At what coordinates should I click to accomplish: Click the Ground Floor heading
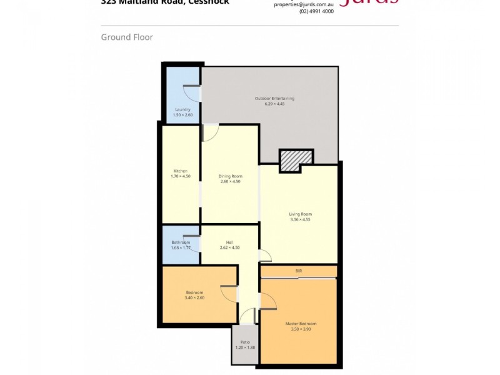coord(127,37)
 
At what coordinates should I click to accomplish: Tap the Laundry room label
coord(182,109)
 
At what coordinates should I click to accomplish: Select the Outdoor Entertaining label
coord(274,99)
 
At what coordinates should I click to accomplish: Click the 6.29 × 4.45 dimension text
coord(274,104)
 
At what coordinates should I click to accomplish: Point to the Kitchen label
coord(181,171)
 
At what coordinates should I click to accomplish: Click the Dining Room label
coord(230,176)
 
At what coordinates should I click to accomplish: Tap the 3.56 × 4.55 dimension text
coord(300,219)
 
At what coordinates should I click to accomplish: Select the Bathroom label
coord(180,242)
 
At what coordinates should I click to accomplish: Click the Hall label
coord(230,242)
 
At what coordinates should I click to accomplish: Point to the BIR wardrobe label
coord(299,270)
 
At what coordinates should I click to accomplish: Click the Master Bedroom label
coord(300,323)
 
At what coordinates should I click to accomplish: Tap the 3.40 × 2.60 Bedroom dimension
coord(194,297)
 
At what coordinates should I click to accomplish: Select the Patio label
coord(244,342)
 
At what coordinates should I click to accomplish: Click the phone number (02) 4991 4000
coord(316,11)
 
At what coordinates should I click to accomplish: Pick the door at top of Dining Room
coord(211,132)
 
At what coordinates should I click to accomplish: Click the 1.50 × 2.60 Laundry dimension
coord(182,115)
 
